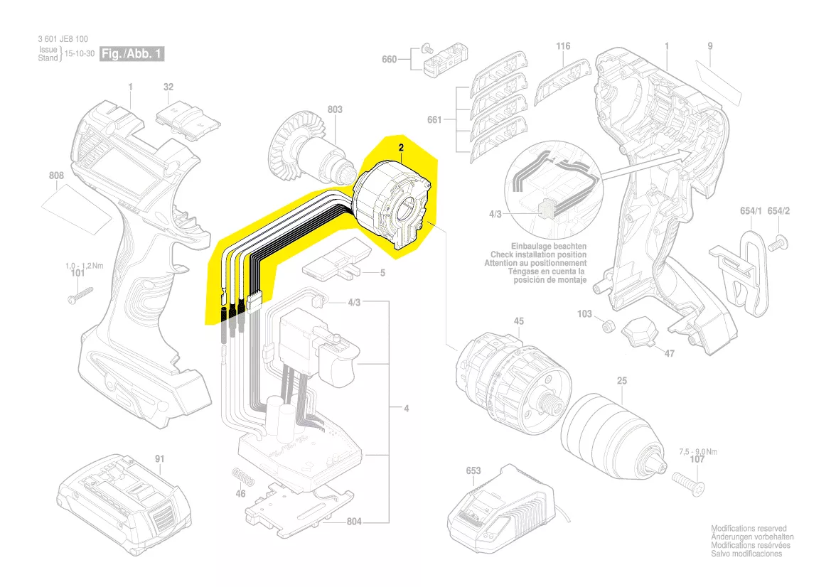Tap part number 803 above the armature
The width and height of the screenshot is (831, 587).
coord(335,109)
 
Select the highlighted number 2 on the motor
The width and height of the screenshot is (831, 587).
coord(401,147)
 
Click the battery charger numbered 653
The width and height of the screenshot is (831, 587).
coord(498,513)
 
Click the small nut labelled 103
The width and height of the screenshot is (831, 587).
coord(608,327)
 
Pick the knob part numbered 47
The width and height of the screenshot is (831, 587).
coord(640,331)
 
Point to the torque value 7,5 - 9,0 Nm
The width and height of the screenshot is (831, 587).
coord(698,451)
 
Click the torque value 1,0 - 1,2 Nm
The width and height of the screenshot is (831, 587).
coord(85,266)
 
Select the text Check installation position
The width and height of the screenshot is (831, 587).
coord(538,254)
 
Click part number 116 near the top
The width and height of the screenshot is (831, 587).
coord(563,46)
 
